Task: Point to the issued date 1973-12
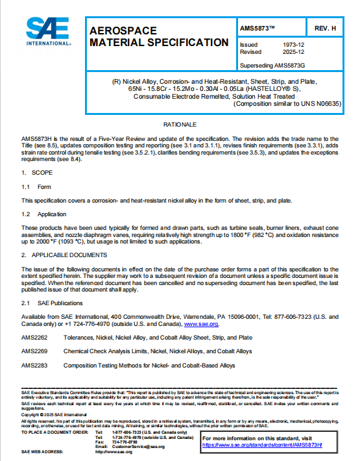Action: (x=292, y=45)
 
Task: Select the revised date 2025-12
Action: (x=292, y=52)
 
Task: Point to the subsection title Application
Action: (x=52, y=213)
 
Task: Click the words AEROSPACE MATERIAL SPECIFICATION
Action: (x=154, y=37)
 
